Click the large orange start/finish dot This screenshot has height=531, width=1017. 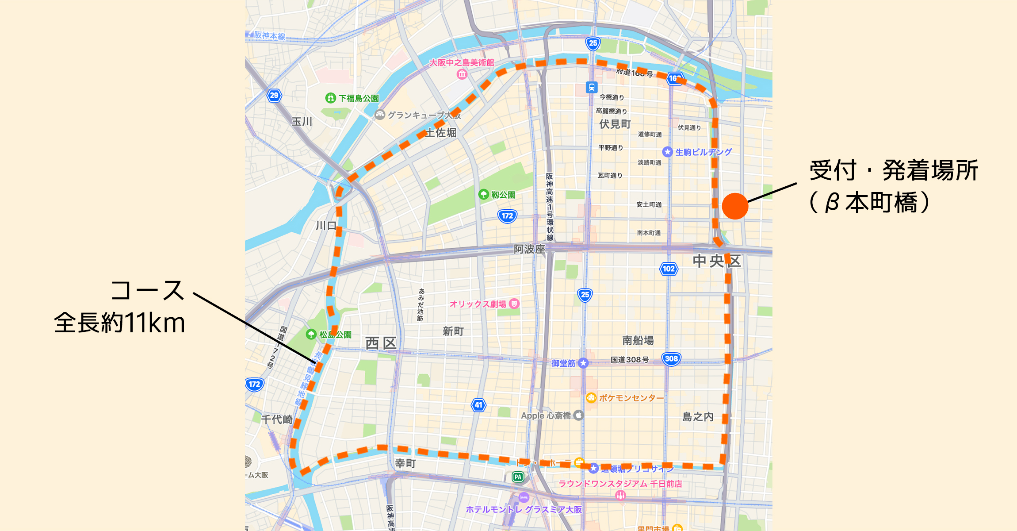tap(735, 206)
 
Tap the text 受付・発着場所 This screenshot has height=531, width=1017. tap(894, 170)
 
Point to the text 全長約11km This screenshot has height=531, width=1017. tap(119, 323)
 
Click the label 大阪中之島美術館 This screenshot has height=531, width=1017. tap(462, 63)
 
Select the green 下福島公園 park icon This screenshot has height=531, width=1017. tap(330, 98)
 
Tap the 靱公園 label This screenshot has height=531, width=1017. tap(503, 195)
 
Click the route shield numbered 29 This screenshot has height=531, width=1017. tap(274, 95)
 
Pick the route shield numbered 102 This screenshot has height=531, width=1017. tap(669, 269)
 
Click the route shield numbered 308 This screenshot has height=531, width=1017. tap(671, 359)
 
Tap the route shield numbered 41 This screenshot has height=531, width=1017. tap(478, 405)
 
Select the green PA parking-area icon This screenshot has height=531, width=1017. tap(518, 477)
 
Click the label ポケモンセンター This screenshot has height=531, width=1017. tap(631, 398)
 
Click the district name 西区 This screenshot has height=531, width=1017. tap(381, 343)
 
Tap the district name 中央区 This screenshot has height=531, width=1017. tap(716, 261)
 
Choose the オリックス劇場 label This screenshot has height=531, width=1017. tap(478, 304)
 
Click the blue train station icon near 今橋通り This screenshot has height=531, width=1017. tap(592, 87)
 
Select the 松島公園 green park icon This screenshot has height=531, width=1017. tap(311, 335)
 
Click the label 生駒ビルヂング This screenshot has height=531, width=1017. tap(703, 152)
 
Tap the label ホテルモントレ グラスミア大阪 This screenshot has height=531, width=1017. tap(524, 509)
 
